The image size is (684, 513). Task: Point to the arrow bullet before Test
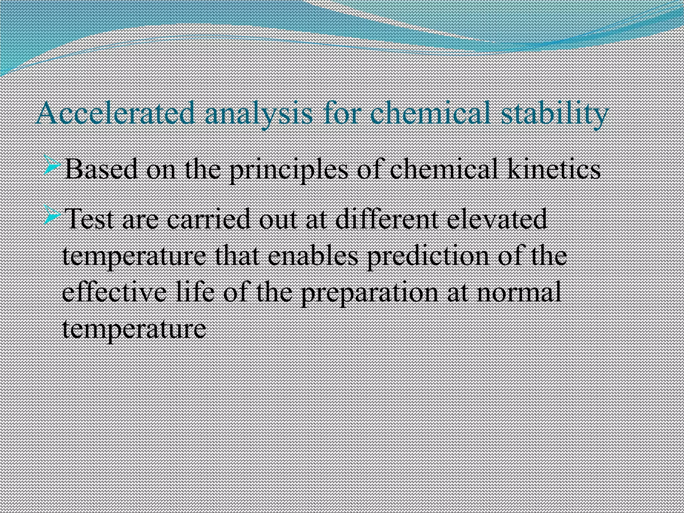52,216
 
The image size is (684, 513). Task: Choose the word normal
519,292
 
